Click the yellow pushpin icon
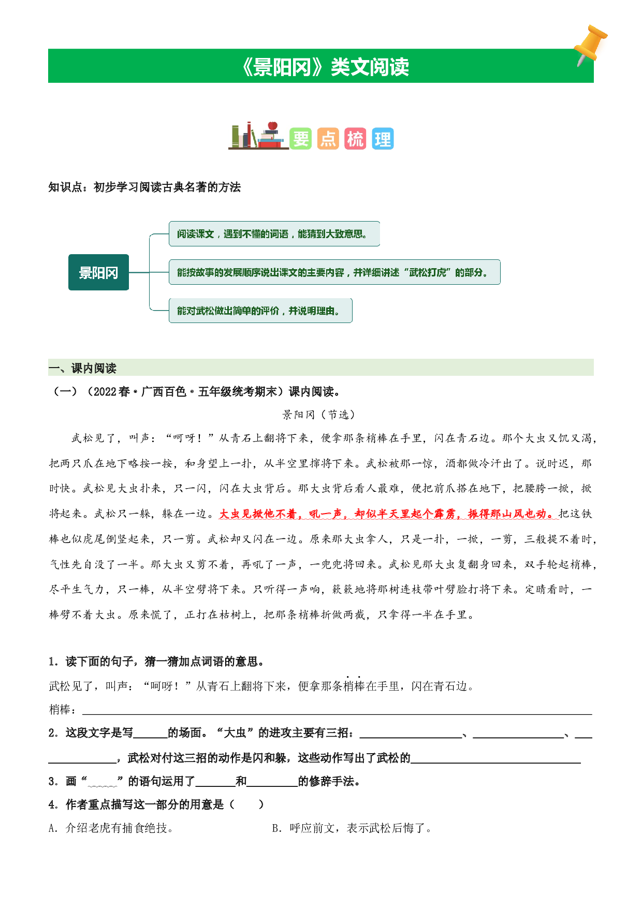590,45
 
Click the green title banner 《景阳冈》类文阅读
320,66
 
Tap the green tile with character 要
301,138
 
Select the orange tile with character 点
328,138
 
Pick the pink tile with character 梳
355,138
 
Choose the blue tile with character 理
383,138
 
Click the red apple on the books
273,125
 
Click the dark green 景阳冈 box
98,272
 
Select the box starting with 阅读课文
274,234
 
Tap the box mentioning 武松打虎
334,272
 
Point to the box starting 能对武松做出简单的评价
260,311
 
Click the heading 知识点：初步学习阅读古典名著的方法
144,187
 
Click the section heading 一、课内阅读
83,368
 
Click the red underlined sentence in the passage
388,514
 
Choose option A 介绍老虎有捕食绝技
111,828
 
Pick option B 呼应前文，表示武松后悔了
352,828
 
